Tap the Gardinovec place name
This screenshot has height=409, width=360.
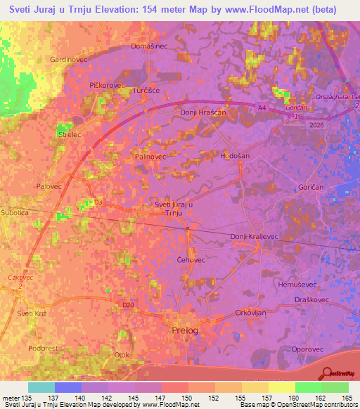[x=67, y=60]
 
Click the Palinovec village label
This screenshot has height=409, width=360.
[x=150, y=157]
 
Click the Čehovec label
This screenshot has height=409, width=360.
[x=190, y=259]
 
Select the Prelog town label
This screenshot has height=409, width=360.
[x=185, y=330]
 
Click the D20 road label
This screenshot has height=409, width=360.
[x=127, y=305]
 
